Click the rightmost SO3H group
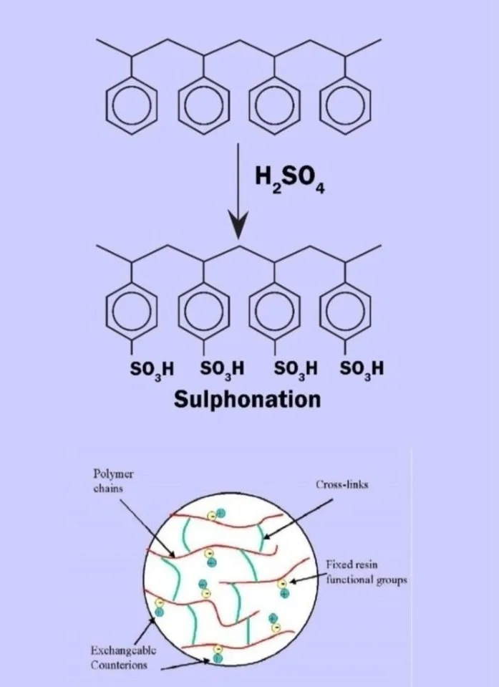pos(362,370)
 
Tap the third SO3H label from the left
pos(296,370)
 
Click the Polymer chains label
pos(113,481)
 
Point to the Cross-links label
pos(341,484)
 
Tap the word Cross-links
pos(341,484)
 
